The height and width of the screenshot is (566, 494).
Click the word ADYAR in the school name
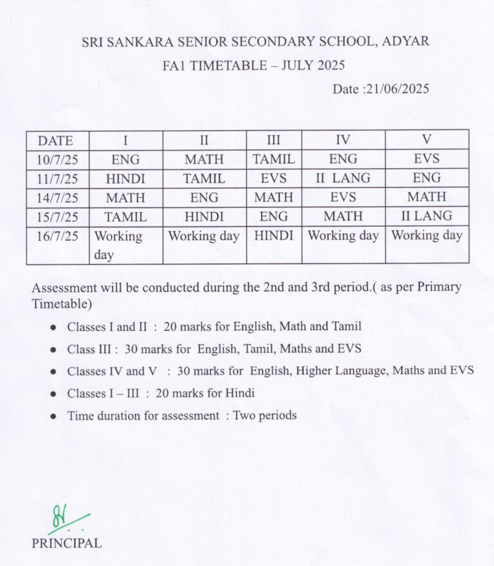[406, 42]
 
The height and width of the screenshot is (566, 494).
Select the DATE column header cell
[55, 140]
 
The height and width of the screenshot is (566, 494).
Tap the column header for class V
[426, 140]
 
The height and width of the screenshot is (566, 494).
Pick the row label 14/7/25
[57, 198]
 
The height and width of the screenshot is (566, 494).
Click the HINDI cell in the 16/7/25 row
[273, 236]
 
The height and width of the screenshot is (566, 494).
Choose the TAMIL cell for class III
[273, 159]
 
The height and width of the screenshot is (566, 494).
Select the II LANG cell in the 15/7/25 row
[426, 216]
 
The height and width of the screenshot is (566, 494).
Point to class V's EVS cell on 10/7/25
[426, 158]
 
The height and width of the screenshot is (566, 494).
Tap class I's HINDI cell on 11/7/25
[125, 179]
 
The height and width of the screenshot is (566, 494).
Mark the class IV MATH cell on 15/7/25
[343, 216]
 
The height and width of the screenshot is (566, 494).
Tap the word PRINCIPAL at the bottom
[67, 543]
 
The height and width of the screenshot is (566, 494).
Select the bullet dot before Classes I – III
[54, 393]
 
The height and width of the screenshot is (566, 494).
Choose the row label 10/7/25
[57, 159]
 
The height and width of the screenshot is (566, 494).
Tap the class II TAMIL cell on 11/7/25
[204, 179]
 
